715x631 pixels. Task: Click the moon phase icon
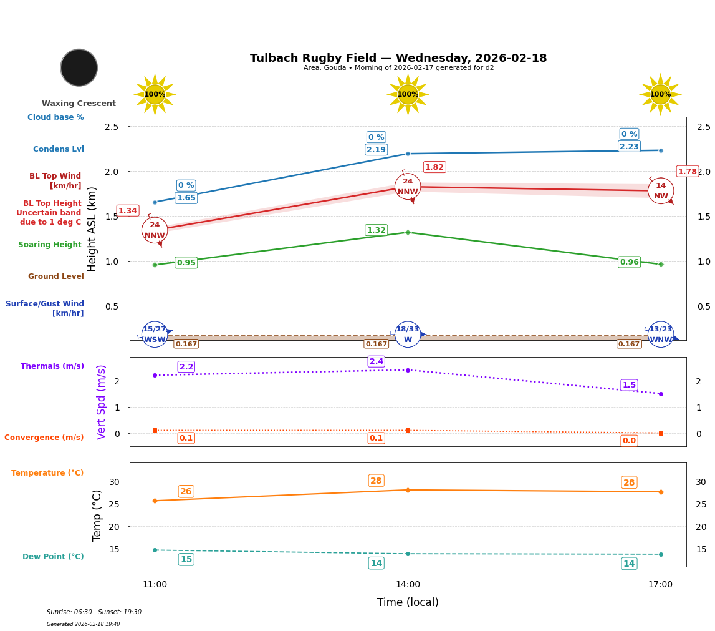pyautogui.click(x=79, y=67)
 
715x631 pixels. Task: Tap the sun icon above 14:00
pyautogui.click(x=408, y=94)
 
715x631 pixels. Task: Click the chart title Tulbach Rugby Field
pyautogui.click(x=398, y=58)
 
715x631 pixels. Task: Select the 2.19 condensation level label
pyautogui.click(x=376, y=150)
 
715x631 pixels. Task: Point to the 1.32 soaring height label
pyautogui.click(x=376, y=230)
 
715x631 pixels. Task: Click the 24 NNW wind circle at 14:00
pyautogui.click(x=408, y=187)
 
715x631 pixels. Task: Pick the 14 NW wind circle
pyautogui.click(x=661, y=190)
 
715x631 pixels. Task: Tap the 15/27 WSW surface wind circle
pyautogui.click(x=155, y=335)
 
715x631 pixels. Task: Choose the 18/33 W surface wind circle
pyautogui.click(x=408, y=335)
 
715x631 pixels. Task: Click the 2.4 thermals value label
pyautogui.click(x=377, y=361)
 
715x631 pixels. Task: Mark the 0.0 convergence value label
pyautogui.click(x=629, y=441)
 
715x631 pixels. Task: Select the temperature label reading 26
pyautogui.click(x=186, y=491)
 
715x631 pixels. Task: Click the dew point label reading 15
pyautogui.click(x=186, y=559)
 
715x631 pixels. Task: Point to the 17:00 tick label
pyautogui.click(x=660, y=585)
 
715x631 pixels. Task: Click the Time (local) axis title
pyautogui.click(x=408, y=602)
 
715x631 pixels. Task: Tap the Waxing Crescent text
pyautogui.click(x=79, y=104)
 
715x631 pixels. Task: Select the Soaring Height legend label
pyautogui.click(x=50, y=245)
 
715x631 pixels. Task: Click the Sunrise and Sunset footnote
pyautogui.click(x=94, y=612)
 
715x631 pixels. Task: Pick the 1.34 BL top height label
pyautogui.click(x=127, y=211)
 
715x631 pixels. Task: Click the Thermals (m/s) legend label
pyautogui.click(x=52, y=366)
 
